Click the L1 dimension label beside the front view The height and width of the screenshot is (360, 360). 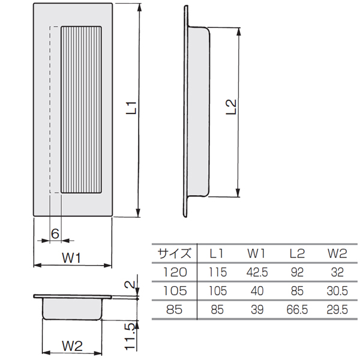[132, 108]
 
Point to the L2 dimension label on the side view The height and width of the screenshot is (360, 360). [231, 107]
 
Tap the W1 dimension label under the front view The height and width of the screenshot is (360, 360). [71, 258]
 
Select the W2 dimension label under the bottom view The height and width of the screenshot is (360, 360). [73, 346]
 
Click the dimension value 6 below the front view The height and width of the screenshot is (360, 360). [55, 234]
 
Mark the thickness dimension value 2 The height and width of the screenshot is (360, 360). [130, 284]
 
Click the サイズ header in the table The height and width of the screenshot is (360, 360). [174, 253]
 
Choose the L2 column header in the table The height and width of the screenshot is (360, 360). [297, 253]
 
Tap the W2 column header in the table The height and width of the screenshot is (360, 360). [337, 253]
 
